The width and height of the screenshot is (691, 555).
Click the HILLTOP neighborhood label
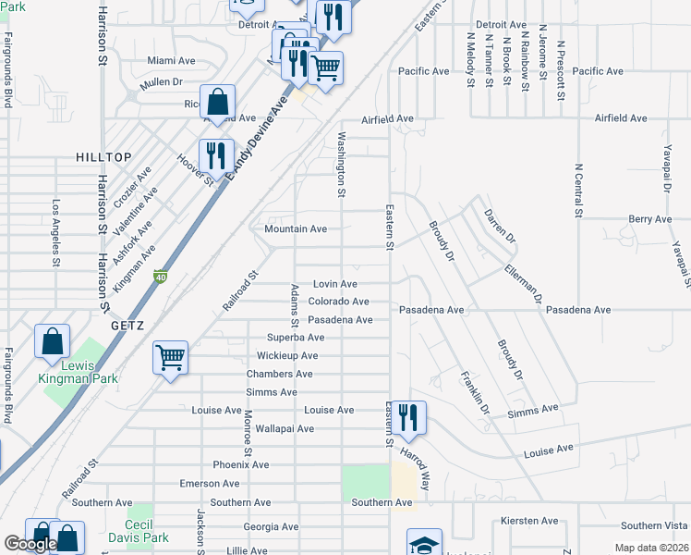pos(103,158)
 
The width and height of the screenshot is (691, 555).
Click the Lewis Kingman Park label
pos(79,372)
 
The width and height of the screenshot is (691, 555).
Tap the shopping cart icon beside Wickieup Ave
pos(171,357)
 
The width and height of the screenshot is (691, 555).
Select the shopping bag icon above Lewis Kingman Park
pos(53,341)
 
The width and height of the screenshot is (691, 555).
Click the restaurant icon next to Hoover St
pos(216,154)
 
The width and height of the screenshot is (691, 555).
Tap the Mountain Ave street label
pos(296,228)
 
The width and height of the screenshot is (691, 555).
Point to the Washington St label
pos(341,165)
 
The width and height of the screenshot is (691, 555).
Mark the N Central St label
pos(579,191)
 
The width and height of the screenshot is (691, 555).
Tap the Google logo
pos(30,544)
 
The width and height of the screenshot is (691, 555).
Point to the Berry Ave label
pos(650,219)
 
